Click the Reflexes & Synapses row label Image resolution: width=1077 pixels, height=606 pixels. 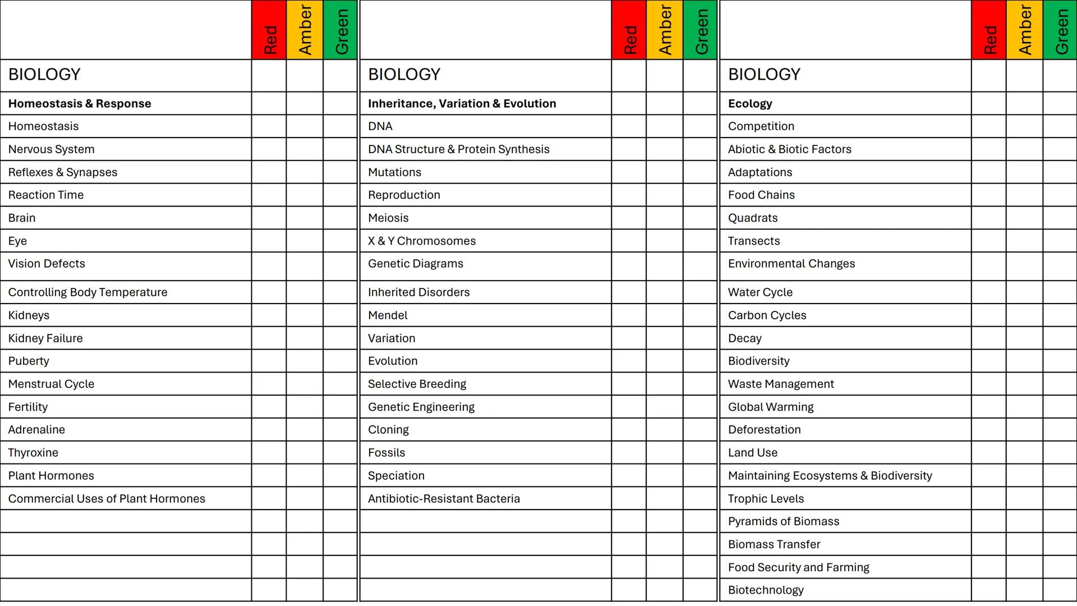click(x=63, y=172)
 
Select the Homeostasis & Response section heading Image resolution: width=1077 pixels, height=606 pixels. click(x=80, y=104)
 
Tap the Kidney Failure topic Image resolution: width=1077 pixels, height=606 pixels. click(x=45, y=338)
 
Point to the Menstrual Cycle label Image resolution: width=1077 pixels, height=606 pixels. click(x=51, y=384)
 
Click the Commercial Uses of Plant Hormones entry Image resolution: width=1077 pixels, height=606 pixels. click(x=107, y=498)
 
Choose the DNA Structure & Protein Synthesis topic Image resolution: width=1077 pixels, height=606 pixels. click(x=458, y=149)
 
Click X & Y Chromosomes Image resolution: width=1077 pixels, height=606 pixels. click(x=421, y=241)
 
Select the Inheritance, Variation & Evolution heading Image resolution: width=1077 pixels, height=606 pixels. click(x=462, y=104)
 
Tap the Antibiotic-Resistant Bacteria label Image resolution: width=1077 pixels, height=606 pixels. click(x=444, y=498)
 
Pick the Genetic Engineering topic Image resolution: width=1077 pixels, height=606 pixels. click(x=421, y=407)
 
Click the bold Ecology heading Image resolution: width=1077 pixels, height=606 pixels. click(x=750, y=104)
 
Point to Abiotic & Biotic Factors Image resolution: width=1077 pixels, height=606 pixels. click(x=789, y=149)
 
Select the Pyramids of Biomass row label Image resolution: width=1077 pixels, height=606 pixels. click(x=783, y=521)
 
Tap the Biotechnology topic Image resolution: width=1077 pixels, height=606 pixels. click(x=766, y=590)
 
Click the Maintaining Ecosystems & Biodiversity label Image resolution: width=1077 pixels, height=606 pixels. click(x=830, y=476)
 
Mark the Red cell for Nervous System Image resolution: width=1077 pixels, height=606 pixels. click(x=269, y=149)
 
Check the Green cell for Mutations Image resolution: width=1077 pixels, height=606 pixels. click(x=700, y=172)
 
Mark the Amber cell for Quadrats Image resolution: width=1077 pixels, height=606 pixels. click(x=1024, y=218)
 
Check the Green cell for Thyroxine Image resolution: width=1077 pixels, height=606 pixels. click(x=340, y=453)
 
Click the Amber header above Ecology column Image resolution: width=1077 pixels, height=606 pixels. click(x=1024, y=30)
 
